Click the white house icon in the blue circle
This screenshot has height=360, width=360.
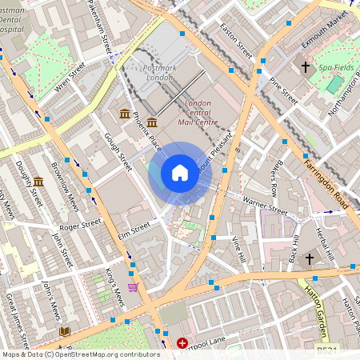pyautogui.click(x=180, y=173)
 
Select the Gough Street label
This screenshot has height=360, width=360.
pyautogui.click(x=118, y=152)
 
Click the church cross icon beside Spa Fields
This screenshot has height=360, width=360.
pyautogui.click(x=306, y=69)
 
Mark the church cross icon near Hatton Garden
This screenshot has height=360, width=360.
pyautogui.click(x=307, y=282)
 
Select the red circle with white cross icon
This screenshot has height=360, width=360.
pyautogui.click(x=182, y=343)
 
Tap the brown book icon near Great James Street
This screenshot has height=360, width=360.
pyautogui.click(x=64, y=330)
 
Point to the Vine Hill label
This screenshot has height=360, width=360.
pyautogui.click(x=238, y=250)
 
